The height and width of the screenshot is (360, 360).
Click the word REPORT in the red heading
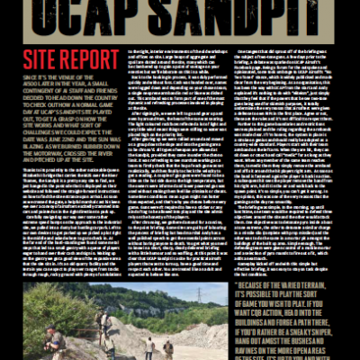91,61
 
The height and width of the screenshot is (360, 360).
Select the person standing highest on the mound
102,319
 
